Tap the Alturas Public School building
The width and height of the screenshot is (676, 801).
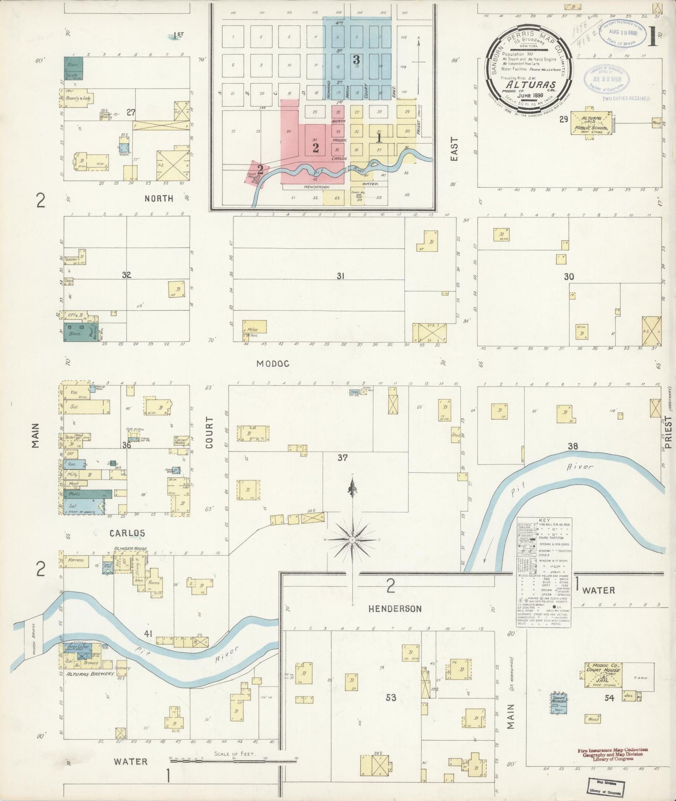pyautogui.click(x=591, y=123)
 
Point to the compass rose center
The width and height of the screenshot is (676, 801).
pyautogui.click(x=352, y=540)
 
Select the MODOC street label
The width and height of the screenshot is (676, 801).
pyautogui.click(x=273, y=363)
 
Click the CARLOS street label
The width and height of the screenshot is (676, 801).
pyautogui.click(x=127, y=533)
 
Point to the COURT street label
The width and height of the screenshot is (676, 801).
pyautogui.click(x=209, y=433)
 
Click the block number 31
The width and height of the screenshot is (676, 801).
pyautogui.click(x=340, y=276)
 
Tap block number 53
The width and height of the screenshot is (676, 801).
pyautogui.click(x=391, y=698)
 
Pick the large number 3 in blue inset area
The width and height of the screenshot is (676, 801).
pyautogui.click(x=356, y=60)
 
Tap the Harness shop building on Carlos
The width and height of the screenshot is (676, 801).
pyautogui.click(x=76, y=560)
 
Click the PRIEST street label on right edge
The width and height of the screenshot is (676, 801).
pyautogui.click(x=668, y=433)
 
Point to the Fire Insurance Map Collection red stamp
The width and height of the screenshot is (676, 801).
pyautogui.click(x=613, y=754)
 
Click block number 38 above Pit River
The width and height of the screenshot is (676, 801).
pyautogui.click(x=573, y=446)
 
